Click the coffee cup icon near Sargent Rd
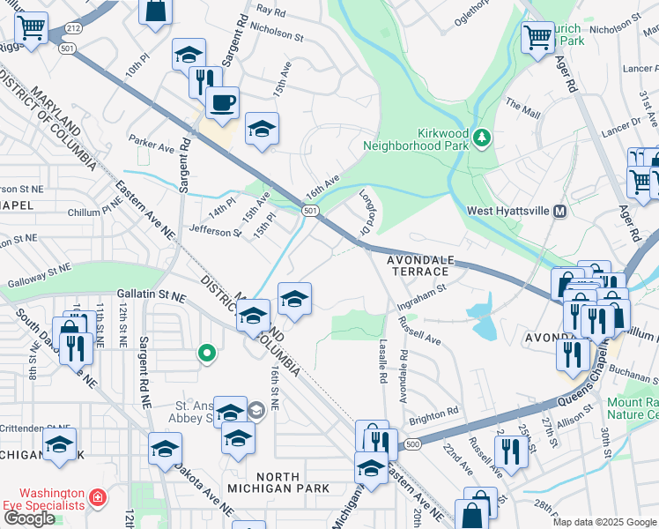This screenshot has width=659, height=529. (222, 101)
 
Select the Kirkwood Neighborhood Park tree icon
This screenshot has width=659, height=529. (481, 137)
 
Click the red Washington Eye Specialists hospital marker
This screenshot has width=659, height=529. (96, 499)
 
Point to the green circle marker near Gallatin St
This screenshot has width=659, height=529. (207, 354)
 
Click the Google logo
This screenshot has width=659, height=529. (29, 518)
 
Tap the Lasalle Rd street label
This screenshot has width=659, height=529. (383, 362)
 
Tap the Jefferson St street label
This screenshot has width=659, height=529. (214, 231)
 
